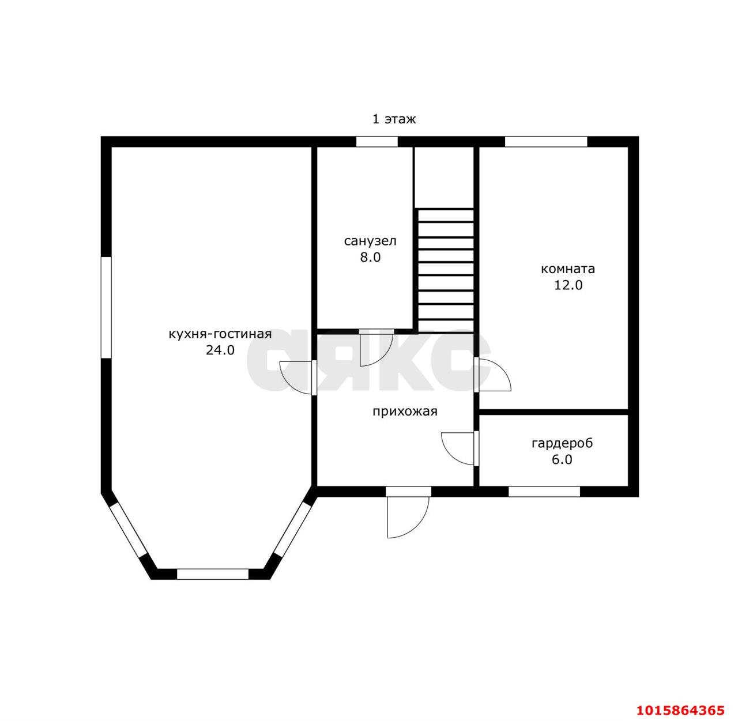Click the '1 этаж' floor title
point(394,119)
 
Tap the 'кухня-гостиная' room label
point(220,334)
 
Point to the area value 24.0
point(220,350)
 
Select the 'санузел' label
point(370,241)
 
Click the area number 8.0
point(370,258)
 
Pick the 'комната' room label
point(568,269)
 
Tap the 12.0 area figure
point(568,285)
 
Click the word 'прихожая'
point(405,412)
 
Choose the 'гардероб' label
point(562,443)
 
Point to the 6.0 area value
point(562,459)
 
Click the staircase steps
point(446,271)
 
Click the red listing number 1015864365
point(680,709)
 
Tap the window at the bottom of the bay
point(213,574)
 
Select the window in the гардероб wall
point(544,492)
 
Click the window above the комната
point(546,142)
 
